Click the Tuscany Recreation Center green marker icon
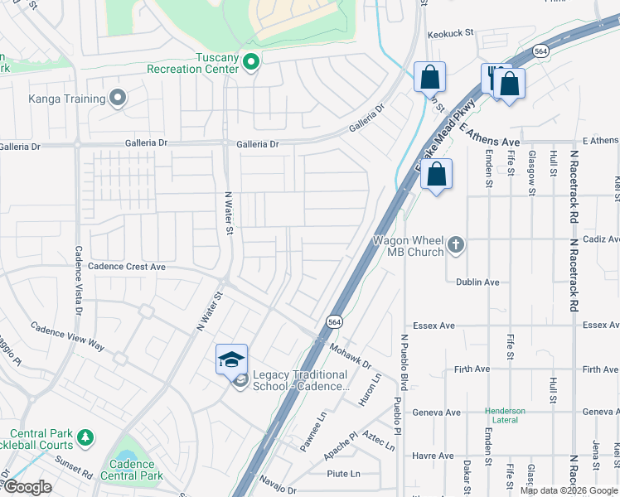(x=251, y=61)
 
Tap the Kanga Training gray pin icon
(x=118, y=99)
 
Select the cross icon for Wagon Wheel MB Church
(x=455, y=244)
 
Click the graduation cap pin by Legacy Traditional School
(x=232, y=359)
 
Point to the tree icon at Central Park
(x=85, y=436)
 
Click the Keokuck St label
(x=449, y=34)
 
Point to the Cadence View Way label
(x=68, y=337)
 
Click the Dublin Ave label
(x=477, y=282)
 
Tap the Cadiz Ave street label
(x=599, y=239)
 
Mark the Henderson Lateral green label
(x=505, y=416)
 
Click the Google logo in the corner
(x=27, y=487)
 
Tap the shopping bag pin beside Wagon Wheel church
(x=436, y=175)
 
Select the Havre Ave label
(x=434, y=456)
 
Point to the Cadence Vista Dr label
(x=78, y=281)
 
